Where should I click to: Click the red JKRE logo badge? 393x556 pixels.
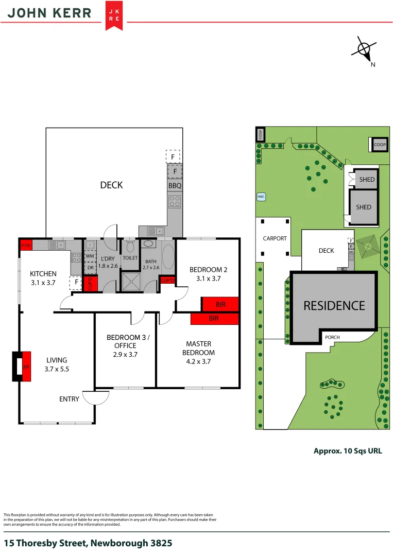(x=114, y=15)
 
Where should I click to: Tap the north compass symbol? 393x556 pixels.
(x=365, y=49)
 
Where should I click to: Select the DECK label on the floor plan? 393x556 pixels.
(x=111, y=185)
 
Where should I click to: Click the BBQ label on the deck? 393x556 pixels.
(x=175, y=186)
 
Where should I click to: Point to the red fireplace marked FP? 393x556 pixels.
(x=26, y=367)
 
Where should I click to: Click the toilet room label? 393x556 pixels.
(x=130, y=258)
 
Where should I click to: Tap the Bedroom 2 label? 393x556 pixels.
(x=208, y=269)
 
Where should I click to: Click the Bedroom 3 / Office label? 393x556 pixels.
(x=125, y=341)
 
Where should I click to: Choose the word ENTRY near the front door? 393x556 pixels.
(x=69, y=399)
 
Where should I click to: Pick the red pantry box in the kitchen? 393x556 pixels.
(x=26, y=246)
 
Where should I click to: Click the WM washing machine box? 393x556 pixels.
(x=90, y=256)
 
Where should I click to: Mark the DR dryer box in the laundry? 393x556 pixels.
(x=90, y=268)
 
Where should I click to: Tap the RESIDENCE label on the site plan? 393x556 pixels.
(x=334, y=305)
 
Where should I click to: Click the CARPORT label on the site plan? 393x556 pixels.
(x=274, y=239)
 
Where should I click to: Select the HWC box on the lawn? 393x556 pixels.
(x=261, y=197)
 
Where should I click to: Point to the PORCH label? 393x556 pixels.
(x=332, y=338)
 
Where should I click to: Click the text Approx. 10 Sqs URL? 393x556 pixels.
(x=348, y=450)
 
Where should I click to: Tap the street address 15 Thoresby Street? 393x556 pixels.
(x=88, y=543)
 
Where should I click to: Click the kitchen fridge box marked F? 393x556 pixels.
(x=76, y=282)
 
